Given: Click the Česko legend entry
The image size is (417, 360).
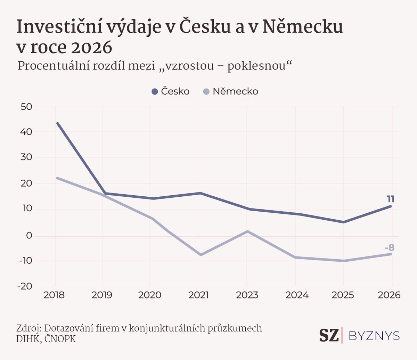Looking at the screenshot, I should pos(171,91).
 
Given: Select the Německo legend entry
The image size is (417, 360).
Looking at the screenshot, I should pos(231,91).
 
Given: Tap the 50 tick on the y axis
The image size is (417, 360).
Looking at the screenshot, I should pos(27,107).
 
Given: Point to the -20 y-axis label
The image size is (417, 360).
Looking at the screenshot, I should pos(25,286).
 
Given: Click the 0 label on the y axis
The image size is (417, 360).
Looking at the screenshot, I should pos(29,236).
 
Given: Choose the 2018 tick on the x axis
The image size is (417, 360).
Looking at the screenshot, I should pos(54,295).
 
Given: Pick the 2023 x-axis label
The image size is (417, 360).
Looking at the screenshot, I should pos(247,295).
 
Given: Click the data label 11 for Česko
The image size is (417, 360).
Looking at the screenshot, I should pos(391,199).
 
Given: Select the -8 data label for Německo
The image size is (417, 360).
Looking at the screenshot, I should pos(390,248).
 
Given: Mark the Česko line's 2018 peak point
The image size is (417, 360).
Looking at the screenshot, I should pos(58,123).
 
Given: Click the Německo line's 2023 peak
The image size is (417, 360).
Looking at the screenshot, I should pos(247,231).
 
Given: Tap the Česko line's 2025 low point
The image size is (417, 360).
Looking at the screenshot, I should pos(343,222).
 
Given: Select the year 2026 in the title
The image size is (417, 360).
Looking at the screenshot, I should pos(92,48).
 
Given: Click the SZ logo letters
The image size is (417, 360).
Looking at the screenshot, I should pos(329,335).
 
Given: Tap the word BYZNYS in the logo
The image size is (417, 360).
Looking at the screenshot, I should pos(374,336).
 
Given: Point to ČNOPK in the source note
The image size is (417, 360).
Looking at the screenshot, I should pos(60,339).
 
